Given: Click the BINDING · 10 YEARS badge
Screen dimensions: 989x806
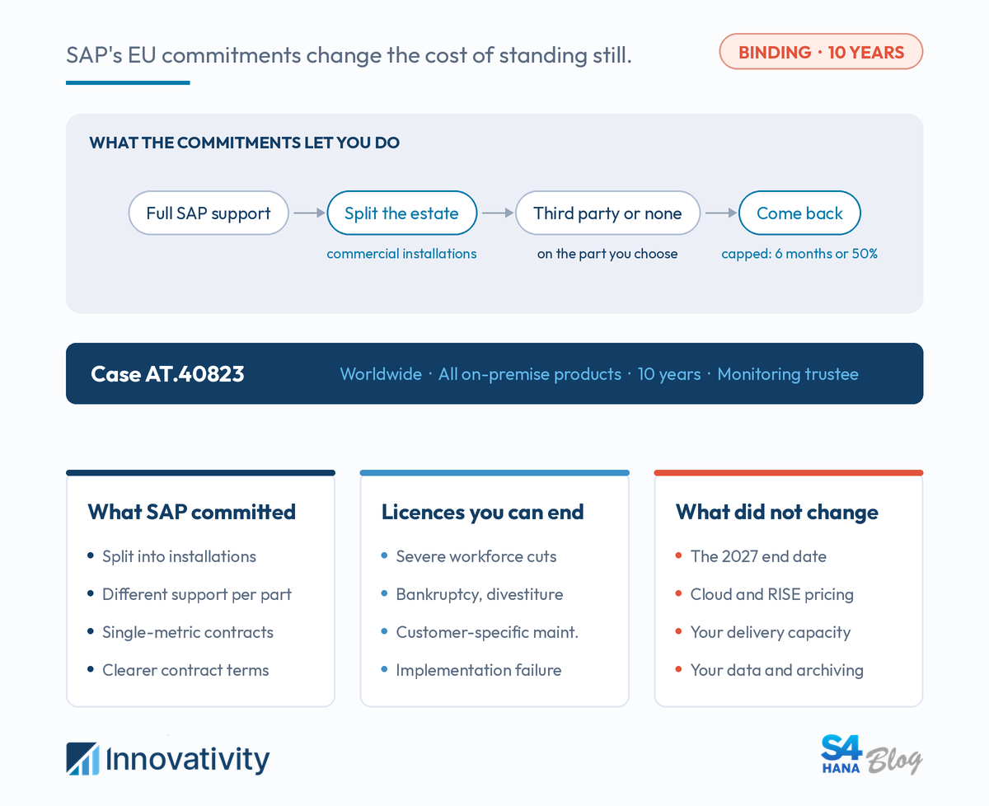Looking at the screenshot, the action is tap(821, 52).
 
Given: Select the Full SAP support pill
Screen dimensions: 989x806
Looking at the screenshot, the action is tap(209, 213).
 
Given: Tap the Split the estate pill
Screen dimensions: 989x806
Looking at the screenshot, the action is tap(401, 213).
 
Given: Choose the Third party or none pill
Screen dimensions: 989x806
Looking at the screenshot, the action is tap(607, 213).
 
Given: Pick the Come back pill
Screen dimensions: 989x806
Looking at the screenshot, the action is tap(799, 213).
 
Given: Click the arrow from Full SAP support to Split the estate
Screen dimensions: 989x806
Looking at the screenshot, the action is tap(309, 213).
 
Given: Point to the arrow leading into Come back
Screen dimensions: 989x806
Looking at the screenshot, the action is tap(720, 213).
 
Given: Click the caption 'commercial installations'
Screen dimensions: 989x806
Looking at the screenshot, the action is tap(401, 254).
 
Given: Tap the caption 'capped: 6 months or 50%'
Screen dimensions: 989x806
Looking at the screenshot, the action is tap(799, 254).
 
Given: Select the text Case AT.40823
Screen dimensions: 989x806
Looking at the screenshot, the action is tap(167, 374).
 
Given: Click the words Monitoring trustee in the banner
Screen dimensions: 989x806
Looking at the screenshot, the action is tap(788, 374).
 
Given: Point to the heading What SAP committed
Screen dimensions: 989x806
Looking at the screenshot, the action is tap(192, 512).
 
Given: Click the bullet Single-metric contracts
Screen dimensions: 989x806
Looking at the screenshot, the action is tap(188, 632).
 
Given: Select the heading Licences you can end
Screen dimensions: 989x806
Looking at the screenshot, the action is tap(482, 513).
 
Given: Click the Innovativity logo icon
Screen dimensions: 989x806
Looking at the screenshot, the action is tap(82, 759).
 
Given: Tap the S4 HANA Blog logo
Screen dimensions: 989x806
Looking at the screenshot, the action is tap(871, 755).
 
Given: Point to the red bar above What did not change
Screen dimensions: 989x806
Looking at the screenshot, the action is tap(789, 473).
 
